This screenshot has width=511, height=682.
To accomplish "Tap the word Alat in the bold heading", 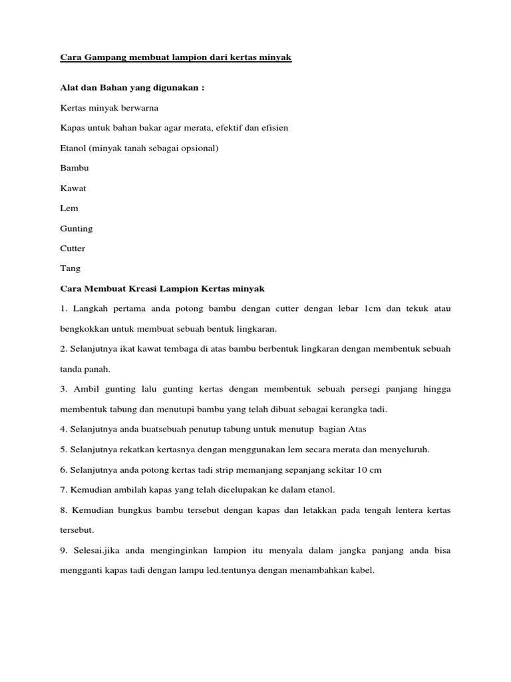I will (69, 89).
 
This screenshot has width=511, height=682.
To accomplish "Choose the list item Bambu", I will (75, 168).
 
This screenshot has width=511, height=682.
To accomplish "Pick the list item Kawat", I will (73, 188).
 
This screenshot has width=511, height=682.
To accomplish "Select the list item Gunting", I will (77, 228).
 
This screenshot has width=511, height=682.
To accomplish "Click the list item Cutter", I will (73, 248).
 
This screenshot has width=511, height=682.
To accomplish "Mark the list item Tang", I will (71, 268).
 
